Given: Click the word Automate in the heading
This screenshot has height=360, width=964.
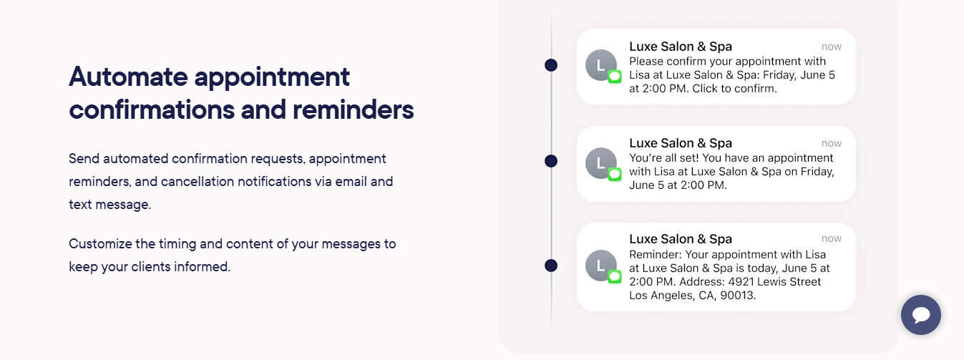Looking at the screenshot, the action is [x=128, y=77].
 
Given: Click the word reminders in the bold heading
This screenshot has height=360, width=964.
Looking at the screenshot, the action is [x=353, y=110].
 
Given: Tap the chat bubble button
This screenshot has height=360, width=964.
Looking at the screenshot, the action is [x=921, y=315].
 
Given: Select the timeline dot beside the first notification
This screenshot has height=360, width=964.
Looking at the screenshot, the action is [x=551, y=65].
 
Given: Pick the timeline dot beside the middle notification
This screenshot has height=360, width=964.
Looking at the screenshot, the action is [x=551, y=161].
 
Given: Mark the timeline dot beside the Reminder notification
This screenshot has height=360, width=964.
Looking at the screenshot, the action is [x=551, y=266].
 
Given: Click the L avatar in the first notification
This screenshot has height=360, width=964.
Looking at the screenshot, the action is [x=601, y=65].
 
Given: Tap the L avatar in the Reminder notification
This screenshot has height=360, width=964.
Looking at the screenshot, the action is [x=601, y=266].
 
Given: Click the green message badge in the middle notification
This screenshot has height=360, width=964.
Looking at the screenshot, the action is [x=615, y=175].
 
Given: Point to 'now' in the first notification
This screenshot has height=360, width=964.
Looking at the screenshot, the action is [x=831, y=47].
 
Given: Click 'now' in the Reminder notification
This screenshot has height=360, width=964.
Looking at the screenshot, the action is [x=831, y=238].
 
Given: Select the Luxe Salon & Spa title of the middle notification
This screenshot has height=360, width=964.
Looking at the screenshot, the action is [x=681, y=143].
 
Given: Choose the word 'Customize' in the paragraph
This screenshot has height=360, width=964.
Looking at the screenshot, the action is [x=100, y=244].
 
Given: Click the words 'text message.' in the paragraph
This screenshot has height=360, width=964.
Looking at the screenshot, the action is [x=109, y=205].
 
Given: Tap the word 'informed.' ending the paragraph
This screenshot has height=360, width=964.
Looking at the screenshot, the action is [x=202, y=266].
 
